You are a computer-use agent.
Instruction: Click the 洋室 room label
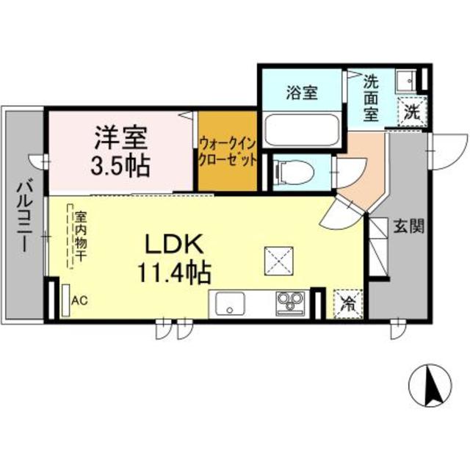pos(120,137)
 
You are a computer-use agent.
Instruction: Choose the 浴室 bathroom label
pos(300,93)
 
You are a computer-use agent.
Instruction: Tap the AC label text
pos(80,301)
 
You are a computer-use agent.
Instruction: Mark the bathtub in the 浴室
pos(301,130)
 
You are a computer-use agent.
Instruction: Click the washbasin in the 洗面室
pos(404,78)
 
